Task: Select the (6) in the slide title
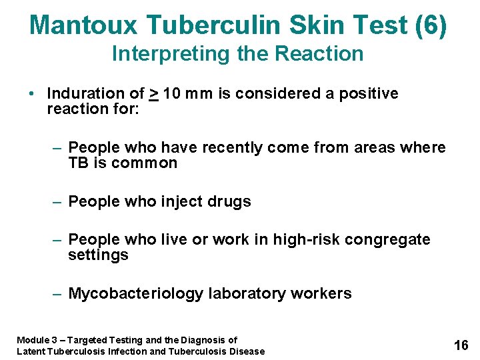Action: click(x=431, y=25)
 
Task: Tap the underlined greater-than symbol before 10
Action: click(x=153, y=94)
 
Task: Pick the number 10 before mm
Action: click(x=171, y=93)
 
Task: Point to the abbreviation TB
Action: click(x=79, y=163)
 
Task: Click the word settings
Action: click(x=98, y=255)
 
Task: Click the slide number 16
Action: click(x=461, y=345)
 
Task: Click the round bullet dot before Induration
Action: click(x=32, y=93)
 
